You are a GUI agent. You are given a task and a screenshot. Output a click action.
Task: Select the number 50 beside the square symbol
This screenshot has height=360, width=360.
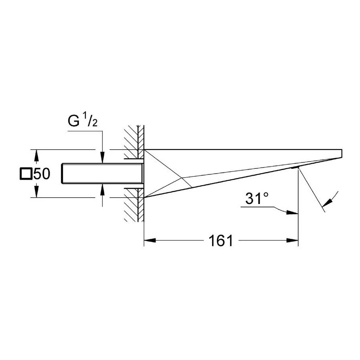[x=41, y=174]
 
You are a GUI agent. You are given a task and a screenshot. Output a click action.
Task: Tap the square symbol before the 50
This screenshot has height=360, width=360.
[x=26, y=174]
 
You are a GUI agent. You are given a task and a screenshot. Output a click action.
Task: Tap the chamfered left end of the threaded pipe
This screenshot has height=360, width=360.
[x=64, y=174]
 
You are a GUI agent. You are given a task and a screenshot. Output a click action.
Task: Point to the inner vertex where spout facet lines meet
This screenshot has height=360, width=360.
[x=183, y=177]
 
